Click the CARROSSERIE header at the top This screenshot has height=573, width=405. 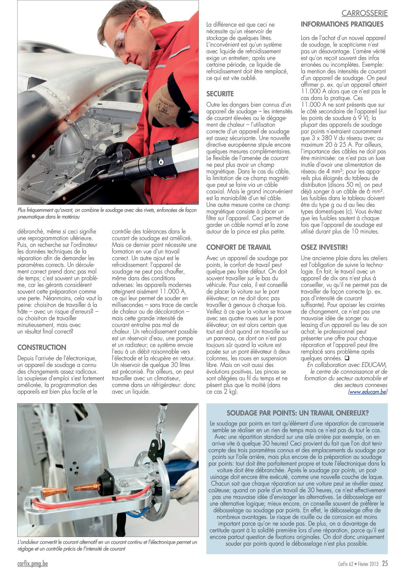pyautogui.click(x=364, y=13)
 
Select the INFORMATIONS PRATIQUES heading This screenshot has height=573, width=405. pyautogui.click(x=342, y=24)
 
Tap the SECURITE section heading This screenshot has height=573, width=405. pyautogui.click(x=220, y=93)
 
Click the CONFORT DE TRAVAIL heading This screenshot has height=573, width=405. pyautogui.click(x=238, y=247)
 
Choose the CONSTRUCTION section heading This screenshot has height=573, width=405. pyautogui.click(x=42, y=347)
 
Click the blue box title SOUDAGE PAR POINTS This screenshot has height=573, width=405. pyautogui.click(x=297, y=413)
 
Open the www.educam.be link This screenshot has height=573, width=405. pyautogui.click(x=367, y=392)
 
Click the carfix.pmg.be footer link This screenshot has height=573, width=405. pyautogui.click(x=33, y=563)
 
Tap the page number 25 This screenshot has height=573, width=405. pyautogui.click(x=384, y=563)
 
